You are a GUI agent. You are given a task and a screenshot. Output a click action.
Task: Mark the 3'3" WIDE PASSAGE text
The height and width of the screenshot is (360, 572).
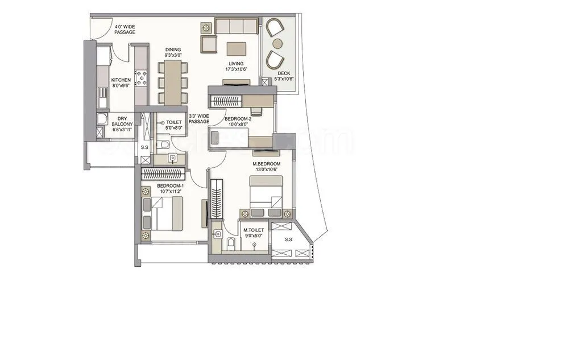(199, 119)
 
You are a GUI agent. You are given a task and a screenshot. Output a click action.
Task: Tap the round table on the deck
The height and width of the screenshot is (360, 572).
(277, 43)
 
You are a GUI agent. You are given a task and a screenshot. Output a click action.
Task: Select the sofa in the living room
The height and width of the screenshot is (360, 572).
(235, 26)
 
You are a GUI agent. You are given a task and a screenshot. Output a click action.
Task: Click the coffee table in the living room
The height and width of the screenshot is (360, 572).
(237, 48)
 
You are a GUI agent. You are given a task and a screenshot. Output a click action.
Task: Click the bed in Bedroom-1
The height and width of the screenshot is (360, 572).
(165, 214)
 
